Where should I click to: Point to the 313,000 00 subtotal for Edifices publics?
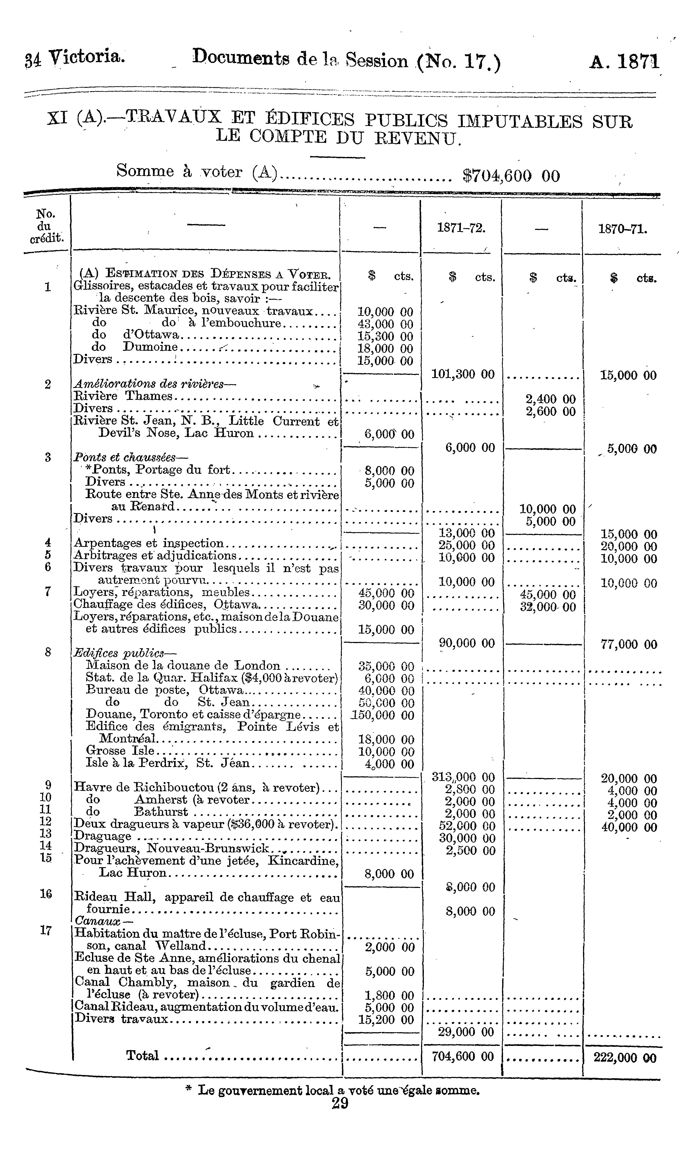pos(463,777)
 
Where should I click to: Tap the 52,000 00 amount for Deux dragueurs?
pos(467,826)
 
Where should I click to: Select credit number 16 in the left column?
pos(46,894)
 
